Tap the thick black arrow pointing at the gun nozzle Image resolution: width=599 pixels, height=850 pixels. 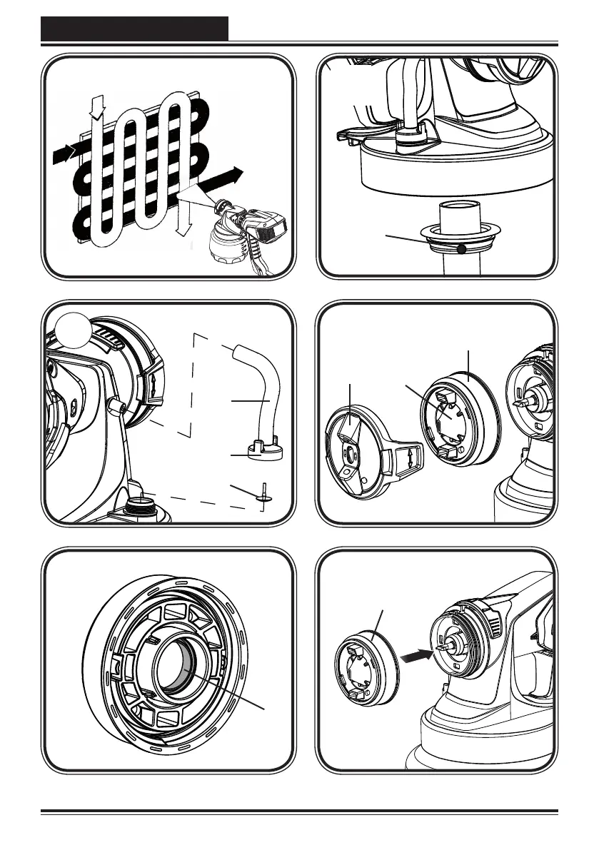tap(416, 654)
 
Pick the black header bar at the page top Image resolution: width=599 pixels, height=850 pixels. tap(134, 29)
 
